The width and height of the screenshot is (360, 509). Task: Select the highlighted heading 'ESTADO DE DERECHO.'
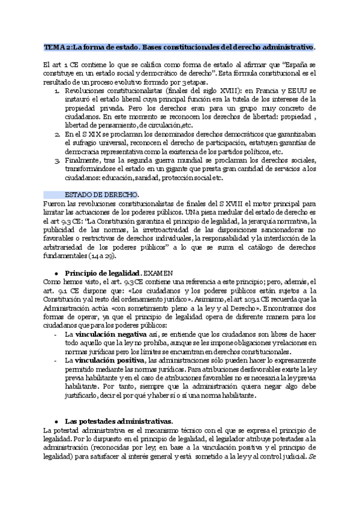[x=101, y=194]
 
